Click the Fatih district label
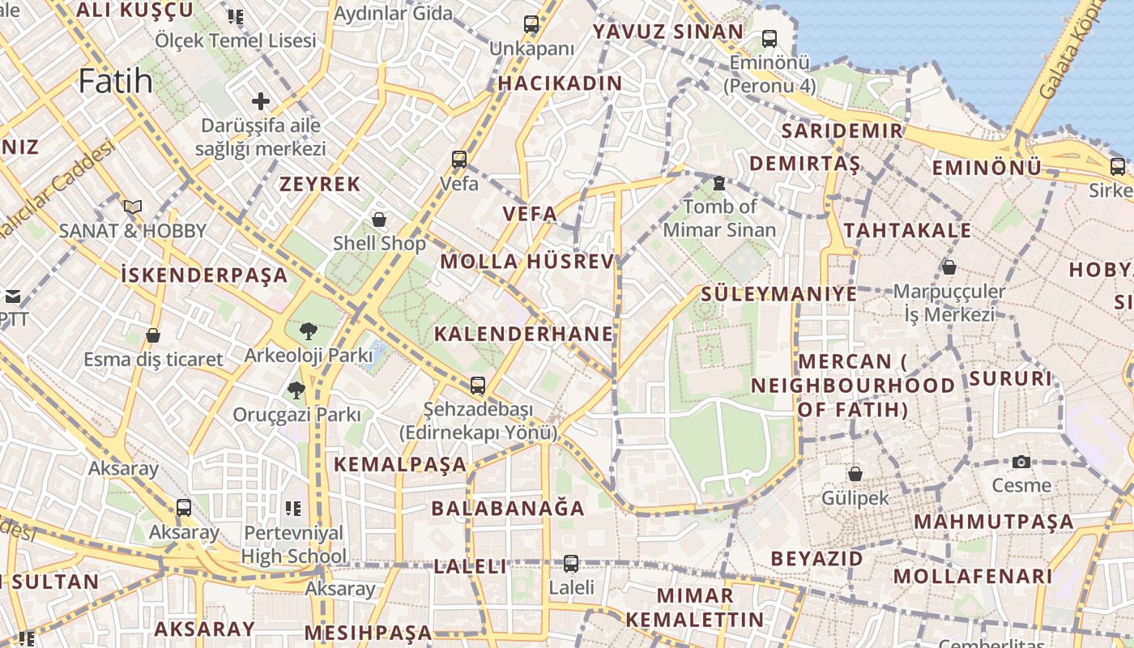[x=116, y=81]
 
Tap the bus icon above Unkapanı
[x=531, y=24]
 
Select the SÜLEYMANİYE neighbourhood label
[x=778, y=293]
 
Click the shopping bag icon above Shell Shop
[x=378, y=220]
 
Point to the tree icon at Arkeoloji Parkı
[x=308, y=330]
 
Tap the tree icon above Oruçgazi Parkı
[x=296, y=390]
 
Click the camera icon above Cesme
[x=1021, y=462]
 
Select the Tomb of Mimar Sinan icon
[x=718, y=183]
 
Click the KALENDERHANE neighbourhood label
[x=523, y=334]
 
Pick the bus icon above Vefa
[x=459, y=159]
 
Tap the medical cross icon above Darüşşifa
[x=260, y=101]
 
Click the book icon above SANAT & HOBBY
[x=133, y=207]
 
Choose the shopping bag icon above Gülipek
[x=855, y=474]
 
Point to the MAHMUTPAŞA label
[x=994, y=522]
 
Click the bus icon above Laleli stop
[x=571, y=563]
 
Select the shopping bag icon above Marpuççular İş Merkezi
[x=949, y=266]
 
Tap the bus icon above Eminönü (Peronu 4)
[x=769, y=38]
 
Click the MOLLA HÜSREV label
[x=527, y=262]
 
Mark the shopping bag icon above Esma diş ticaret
[x=153, y=335]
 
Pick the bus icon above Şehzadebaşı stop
[x=478, y=386]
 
